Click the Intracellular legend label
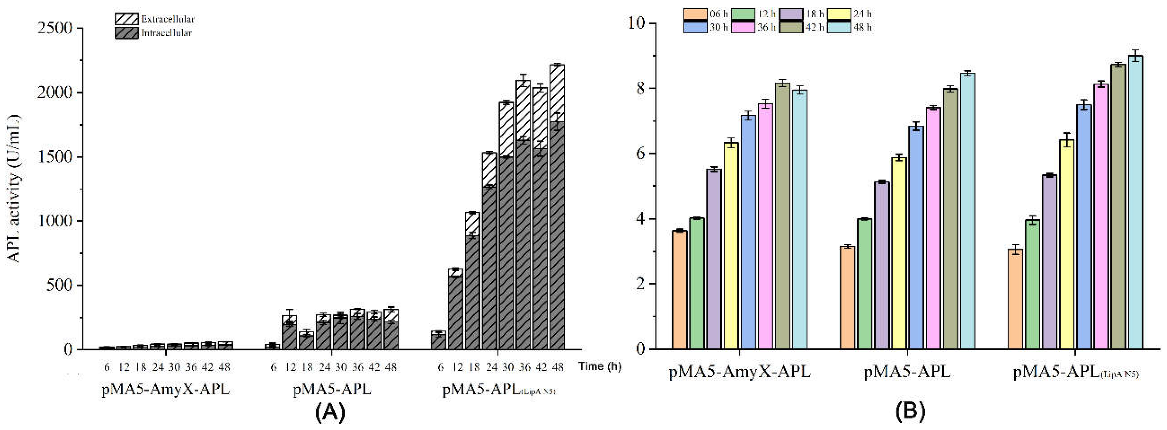click(166, 33)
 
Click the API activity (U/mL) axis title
click(14, 188)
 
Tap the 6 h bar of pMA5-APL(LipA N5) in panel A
click(439, 340)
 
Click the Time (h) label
click(599, 366)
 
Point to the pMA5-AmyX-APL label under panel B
click(739, 372)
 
